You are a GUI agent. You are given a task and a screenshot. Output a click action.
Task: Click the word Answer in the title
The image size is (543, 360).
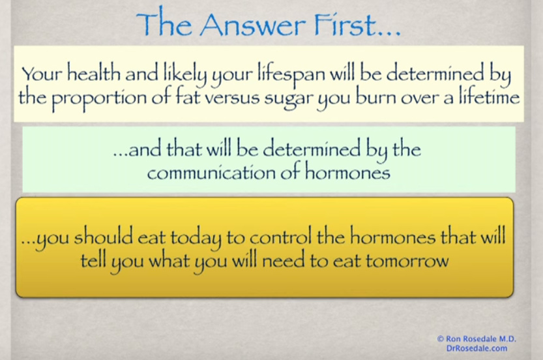pyautogui.click(x=253, y=24)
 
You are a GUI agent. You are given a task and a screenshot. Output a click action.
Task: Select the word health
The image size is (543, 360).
pyautogui.click(x=93, y=73)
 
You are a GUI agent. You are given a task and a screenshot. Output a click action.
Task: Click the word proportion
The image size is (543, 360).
pyautogui.click(x=98, y=98)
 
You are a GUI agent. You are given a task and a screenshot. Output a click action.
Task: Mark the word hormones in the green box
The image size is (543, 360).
pyautogui.click(x=347, y=171)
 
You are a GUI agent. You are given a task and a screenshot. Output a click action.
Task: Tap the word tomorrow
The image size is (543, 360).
pyautogui.click(x=407, y=261)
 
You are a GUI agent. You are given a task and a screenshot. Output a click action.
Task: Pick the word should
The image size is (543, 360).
pyautogui.click(x=103, y=235)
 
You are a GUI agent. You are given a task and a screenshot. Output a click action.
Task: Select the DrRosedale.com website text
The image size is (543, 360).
pyautogui.click(x=477, y=348)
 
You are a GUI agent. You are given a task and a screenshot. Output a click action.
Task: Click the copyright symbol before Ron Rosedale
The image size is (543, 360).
pyautogui.click(x=441, y=338)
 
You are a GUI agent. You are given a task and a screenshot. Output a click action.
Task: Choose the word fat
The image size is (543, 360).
pyautogui.click(x=187, y=97)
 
